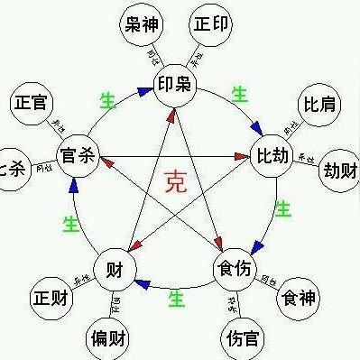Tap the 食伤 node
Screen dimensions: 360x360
[x=235, y=269]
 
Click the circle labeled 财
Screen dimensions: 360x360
[x=115, y=269]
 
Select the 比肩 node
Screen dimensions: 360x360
[x=320, y=105]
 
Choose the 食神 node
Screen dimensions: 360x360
[x=299, y=297]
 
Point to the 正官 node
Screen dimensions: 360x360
[x=30, y=103]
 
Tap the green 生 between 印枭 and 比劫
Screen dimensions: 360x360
[x=239, y=92]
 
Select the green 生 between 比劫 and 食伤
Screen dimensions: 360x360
[x=282, y=209]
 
